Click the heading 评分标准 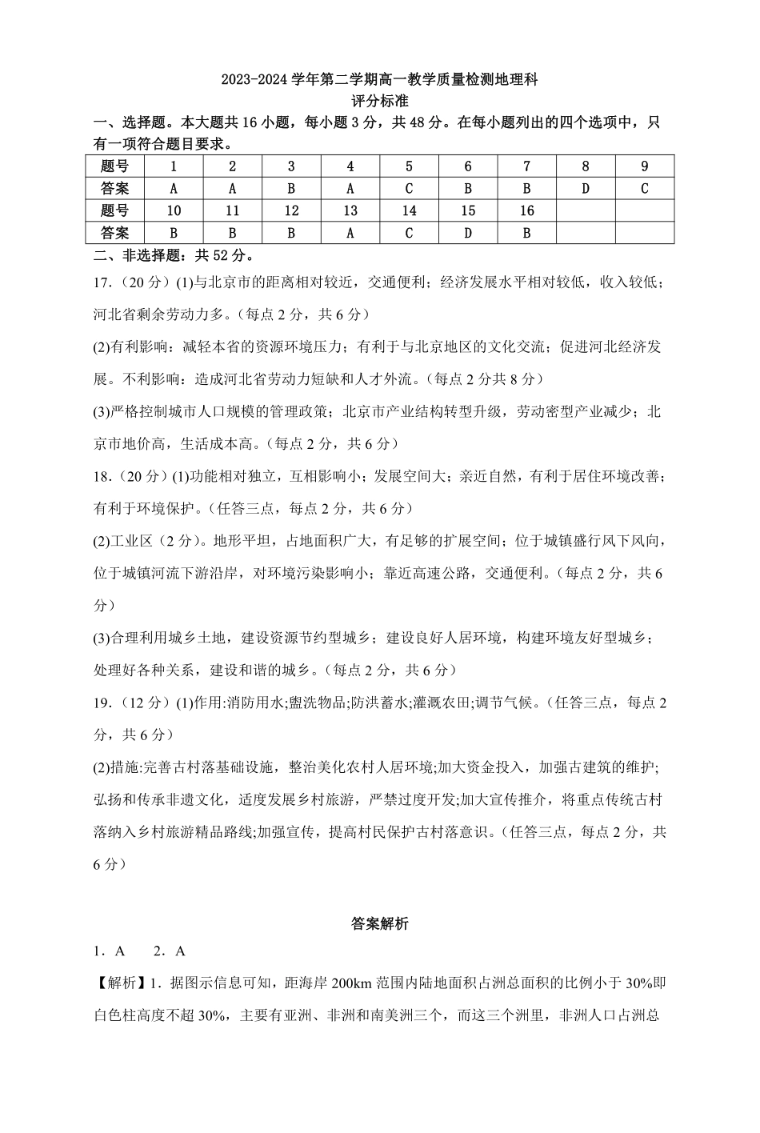click(379, 102)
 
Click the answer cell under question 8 click(586, 189)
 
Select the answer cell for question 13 click(350, 233)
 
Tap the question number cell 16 click(526, 211)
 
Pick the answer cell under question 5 click(409, 189)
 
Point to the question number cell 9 click(644, 166)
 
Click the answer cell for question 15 click(468, 233)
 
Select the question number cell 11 click(233, 211)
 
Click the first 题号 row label click(115, 166)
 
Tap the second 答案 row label click(115, 233)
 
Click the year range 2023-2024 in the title click(252, 80)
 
